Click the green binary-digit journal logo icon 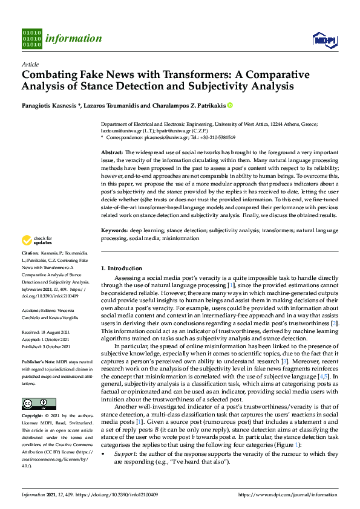[x=31, y=38]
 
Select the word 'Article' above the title [x=30, y=64]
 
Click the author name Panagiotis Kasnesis [x=47, y=105]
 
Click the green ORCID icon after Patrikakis [x=230, y=105]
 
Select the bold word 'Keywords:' [x=114, y=230]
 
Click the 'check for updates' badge [x=37, y=258]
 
